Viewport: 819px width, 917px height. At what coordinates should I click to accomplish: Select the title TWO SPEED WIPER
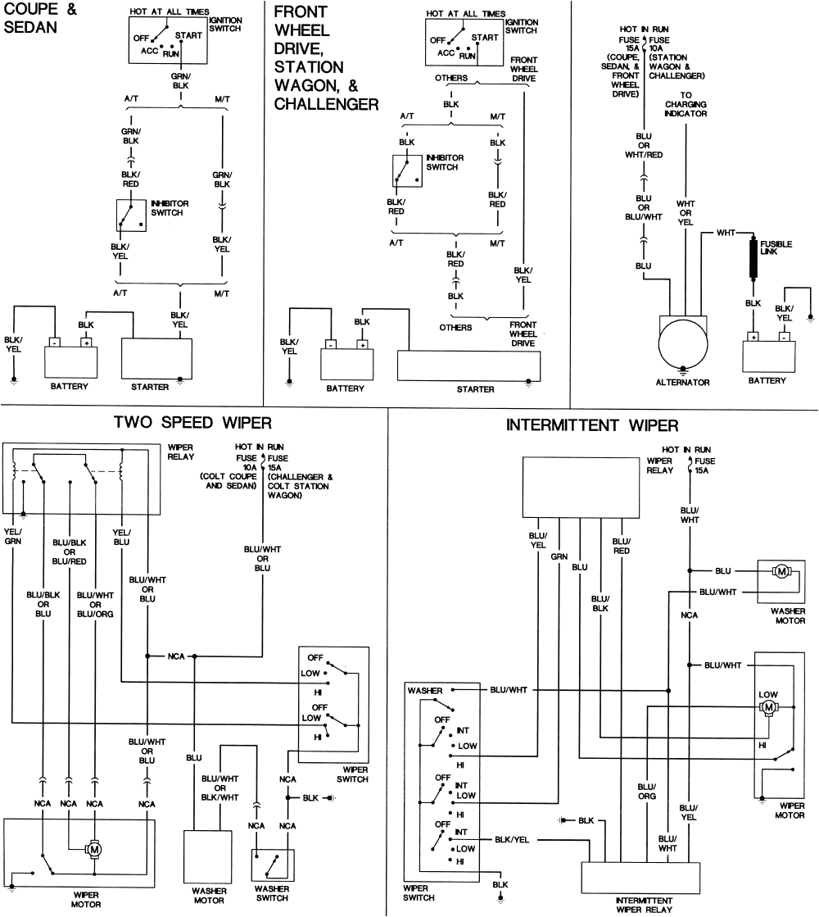point(192,423)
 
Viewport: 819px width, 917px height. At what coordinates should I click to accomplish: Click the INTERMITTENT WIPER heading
point(592,425)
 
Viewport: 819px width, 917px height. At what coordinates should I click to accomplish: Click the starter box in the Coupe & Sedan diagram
point(156,356)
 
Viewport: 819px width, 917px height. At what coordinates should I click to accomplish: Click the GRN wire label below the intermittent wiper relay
point(559,556)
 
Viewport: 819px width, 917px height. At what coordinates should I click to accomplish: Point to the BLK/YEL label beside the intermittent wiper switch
point(514,840)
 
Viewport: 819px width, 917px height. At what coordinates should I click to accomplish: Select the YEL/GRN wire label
point(13,534)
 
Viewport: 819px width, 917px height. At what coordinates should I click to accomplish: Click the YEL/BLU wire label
point(121,534)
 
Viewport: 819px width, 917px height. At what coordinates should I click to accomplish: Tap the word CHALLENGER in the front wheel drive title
point(326,104)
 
